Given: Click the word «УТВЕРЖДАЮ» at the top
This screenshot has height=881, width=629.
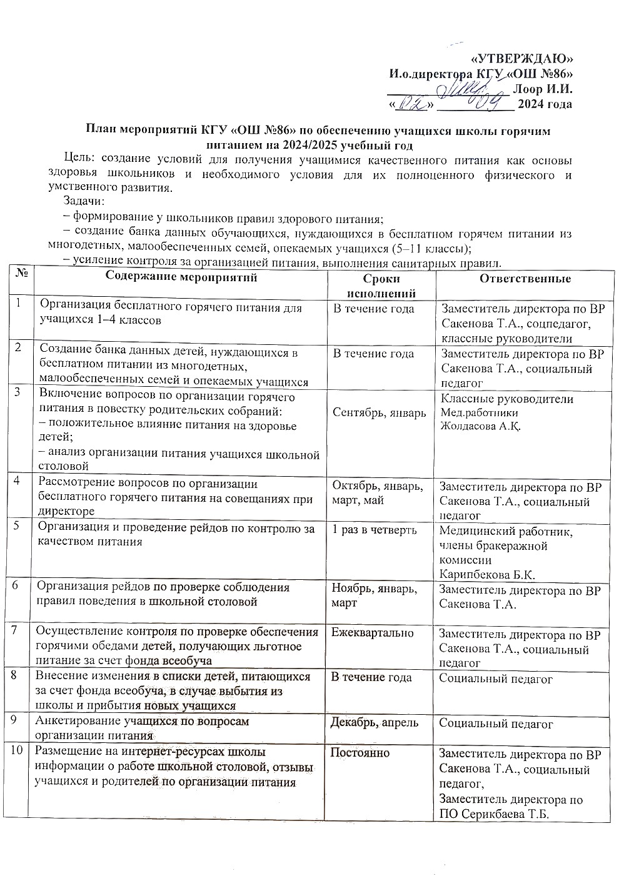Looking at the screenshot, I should (x=521, y=59).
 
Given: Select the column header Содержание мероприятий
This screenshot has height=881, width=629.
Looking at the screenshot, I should (x=181, y=277).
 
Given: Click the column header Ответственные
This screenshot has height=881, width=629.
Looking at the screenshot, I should (x=525, y=279).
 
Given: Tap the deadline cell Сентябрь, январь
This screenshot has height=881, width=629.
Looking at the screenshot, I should (x=380, y=412).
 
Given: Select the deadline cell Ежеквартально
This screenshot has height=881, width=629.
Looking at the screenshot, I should (x=372, y=633).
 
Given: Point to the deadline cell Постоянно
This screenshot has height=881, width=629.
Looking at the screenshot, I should (x=360, y=752).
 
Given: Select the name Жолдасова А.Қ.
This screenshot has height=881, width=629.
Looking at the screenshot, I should (x=481, y=427).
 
